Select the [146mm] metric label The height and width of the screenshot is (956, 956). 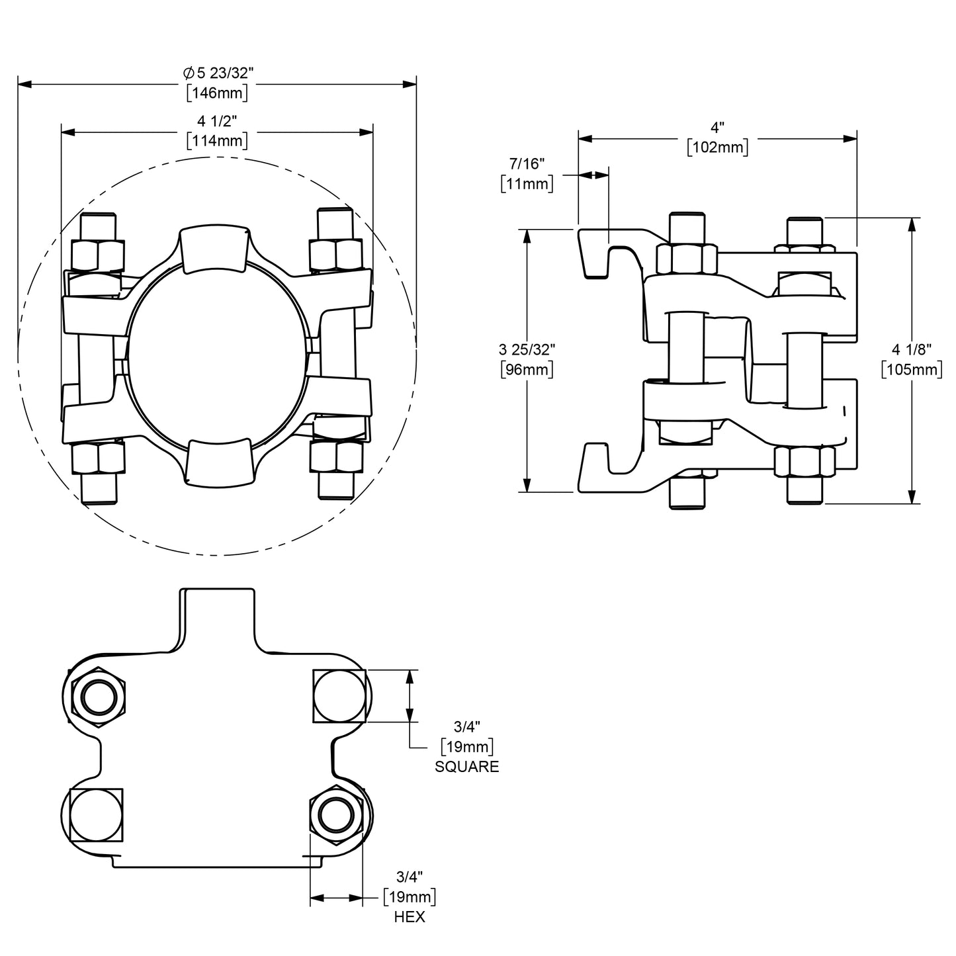(217, 93)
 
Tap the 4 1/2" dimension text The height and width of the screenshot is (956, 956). (217, 121)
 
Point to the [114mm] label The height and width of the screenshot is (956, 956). (217, 140)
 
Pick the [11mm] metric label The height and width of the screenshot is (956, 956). (527, 183)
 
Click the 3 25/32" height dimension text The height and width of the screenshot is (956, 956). (527, 349)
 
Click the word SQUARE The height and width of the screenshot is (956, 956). (466, 767)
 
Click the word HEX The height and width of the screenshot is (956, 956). (410, 917)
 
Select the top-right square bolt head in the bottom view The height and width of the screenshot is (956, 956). (338, 696)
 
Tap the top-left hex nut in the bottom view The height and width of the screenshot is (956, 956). (98, 696)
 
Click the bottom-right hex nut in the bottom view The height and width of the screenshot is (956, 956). (336, 814)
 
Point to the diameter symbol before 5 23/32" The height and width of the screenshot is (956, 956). (188, 73)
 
